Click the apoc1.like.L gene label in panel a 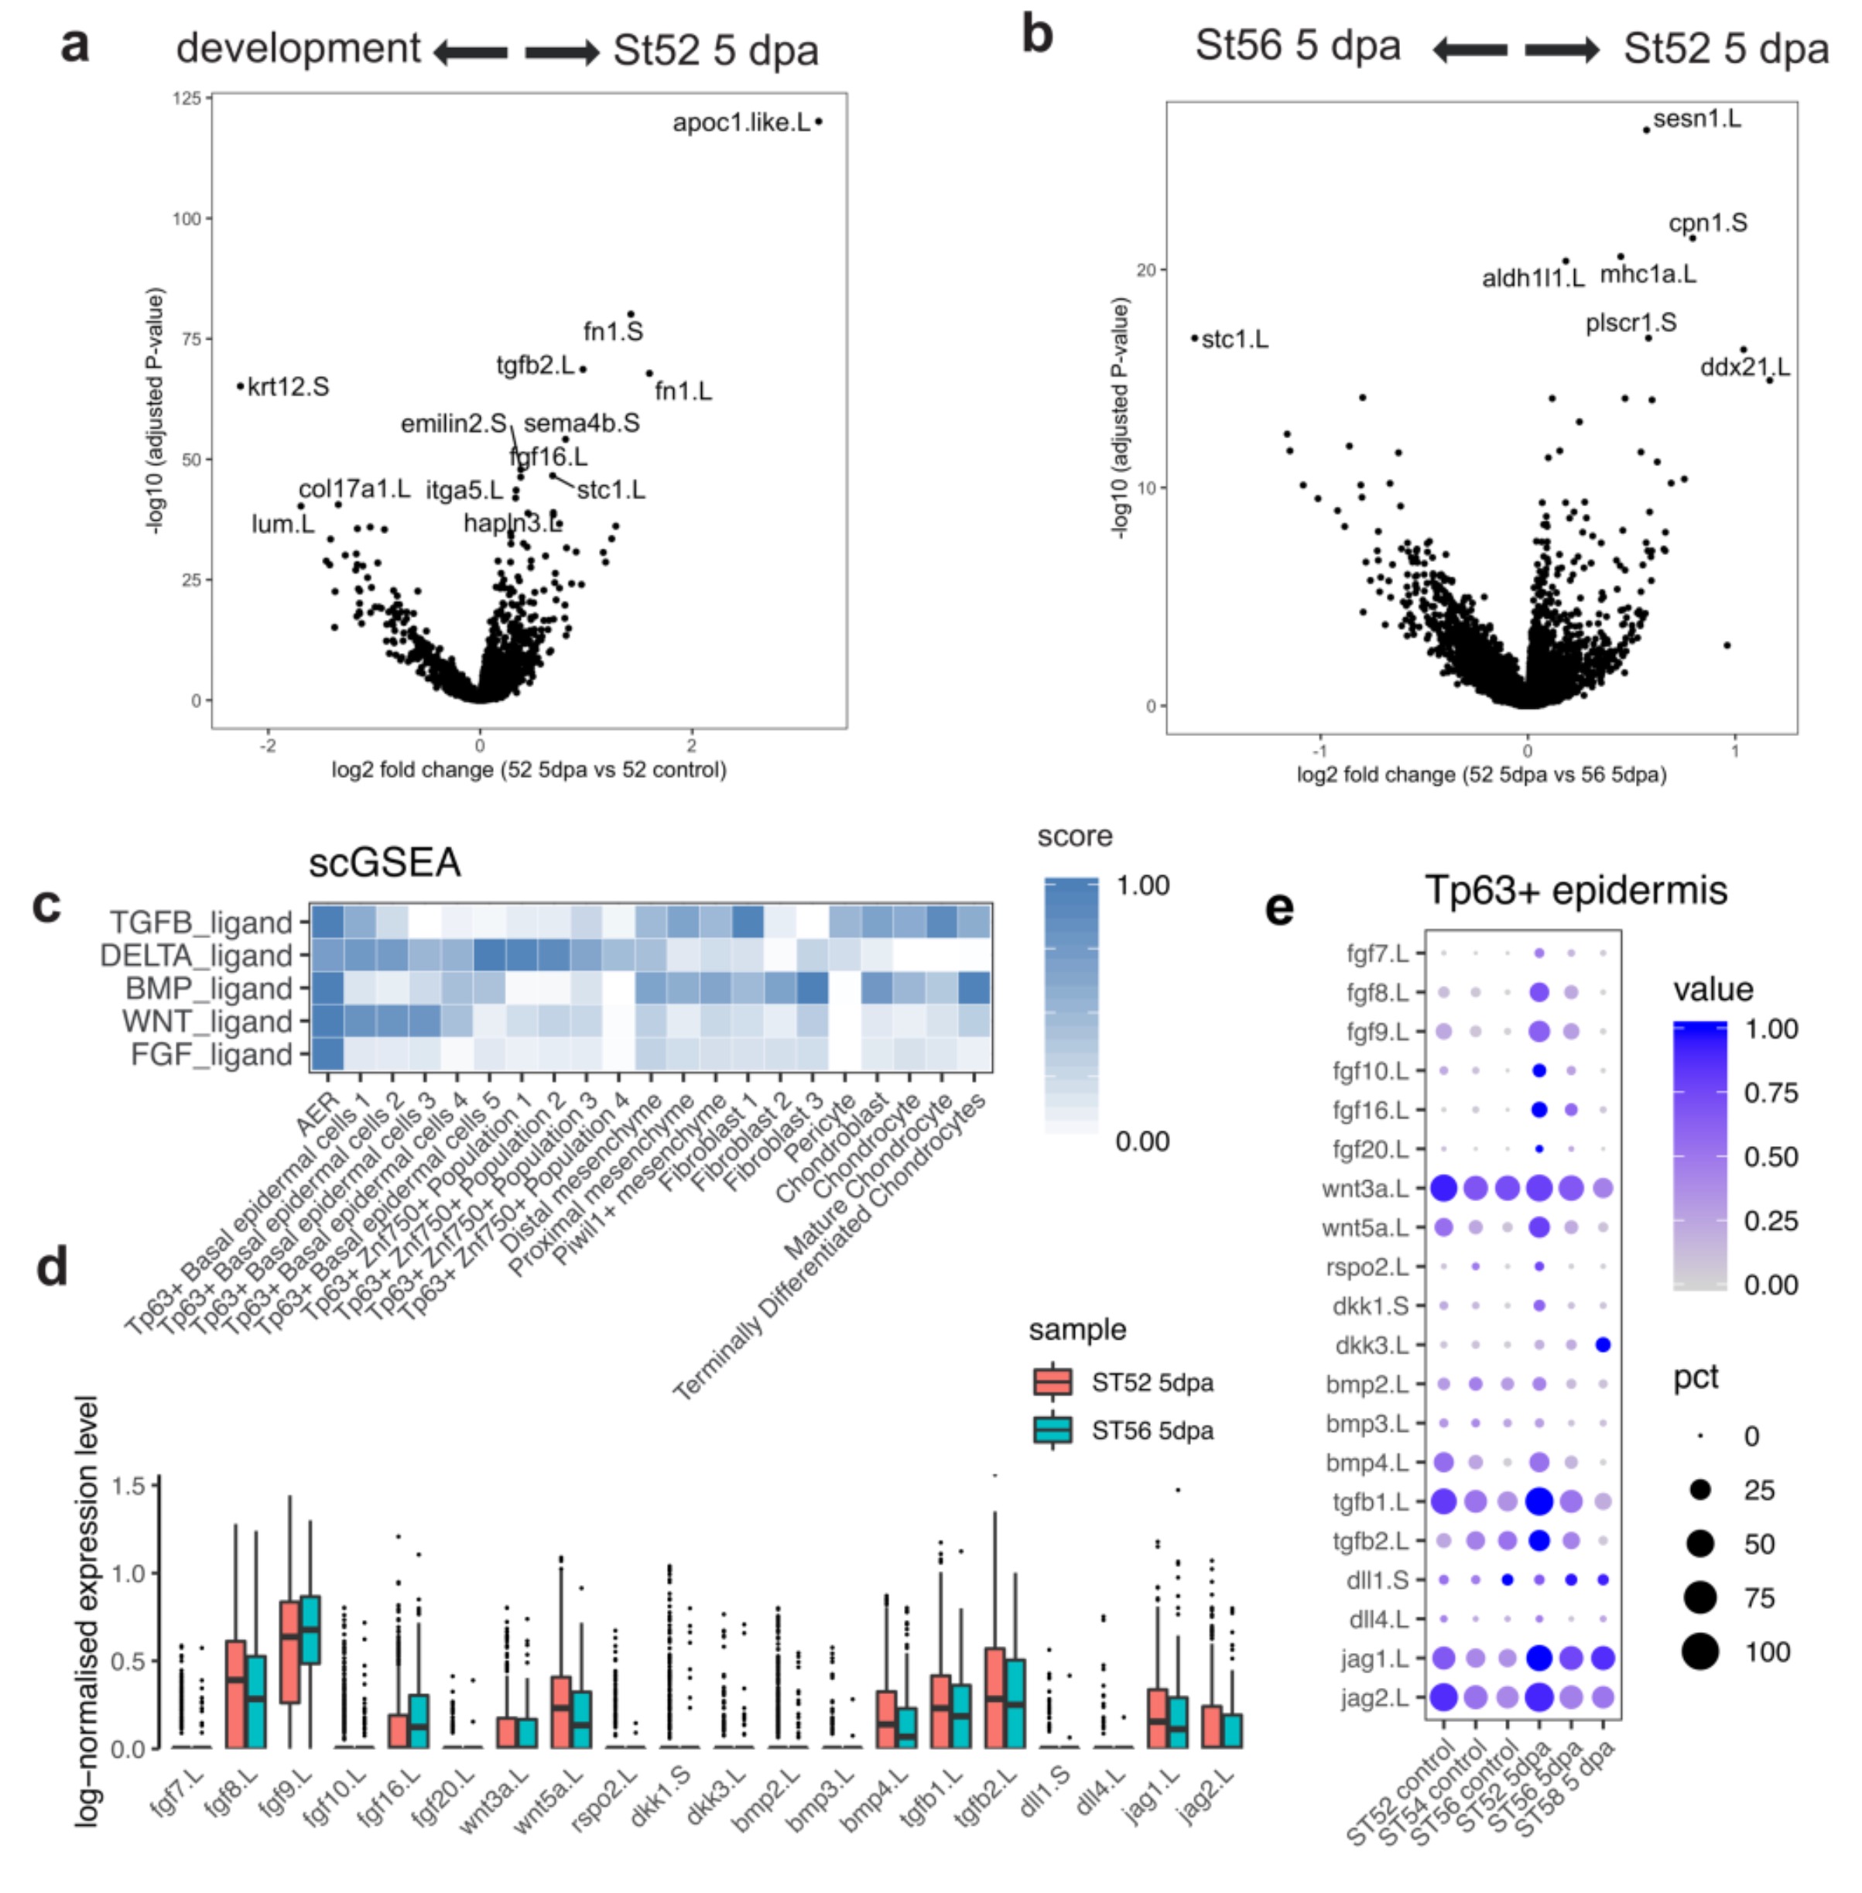pyautogui.click(x=741, y=123)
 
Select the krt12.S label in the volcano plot pyautogui.click(x=289, y=387)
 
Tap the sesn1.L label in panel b pyautogui.click(x=1696, y=119)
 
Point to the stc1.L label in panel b pyautogui.click(x=1234, y=341)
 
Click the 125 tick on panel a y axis pyautogui.click(x=187, y=98)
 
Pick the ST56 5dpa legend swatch pyautogui.click(x=1053, y=1430)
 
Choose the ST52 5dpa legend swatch pyautogui.click(x=1053, y=1381)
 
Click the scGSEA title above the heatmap pyautogui.click(x=385, y=862)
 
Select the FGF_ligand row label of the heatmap pyautogui.click(x=211, y=1055)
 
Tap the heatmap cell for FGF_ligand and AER pyautogui.click(x=327, y=1055)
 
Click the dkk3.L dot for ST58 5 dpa pyautogui.click(x=1603, y=1344)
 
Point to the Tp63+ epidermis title pyautogui.click(x=1576, y=890)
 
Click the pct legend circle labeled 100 pyautogui.click(x=1700, y=1652)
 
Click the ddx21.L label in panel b pyautogui.click(x=1744, y=368)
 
